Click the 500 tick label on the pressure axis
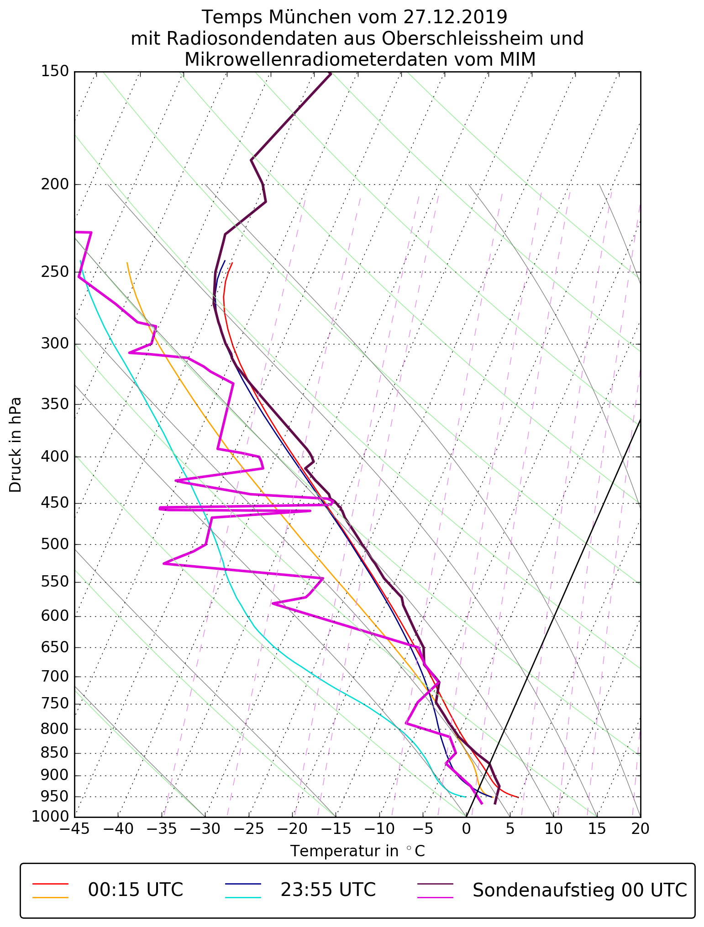[x=55, y=545]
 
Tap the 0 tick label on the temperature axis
[x=466, y=829]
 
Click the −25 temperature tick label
[x=248, y=829]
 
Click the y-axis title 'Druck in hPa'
[x=16, y=445]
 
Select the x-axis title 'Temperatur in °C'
[x=357, y=851]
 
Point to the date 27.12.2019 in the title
[x=455, y=17]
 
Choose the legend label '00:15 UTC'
[x=136, y=890]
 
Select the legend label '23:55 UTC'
[x=328, y=890]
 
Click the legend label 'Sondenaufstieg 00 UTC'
[x=579, y=890]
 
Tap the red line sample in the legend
[x=50, y=884]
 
